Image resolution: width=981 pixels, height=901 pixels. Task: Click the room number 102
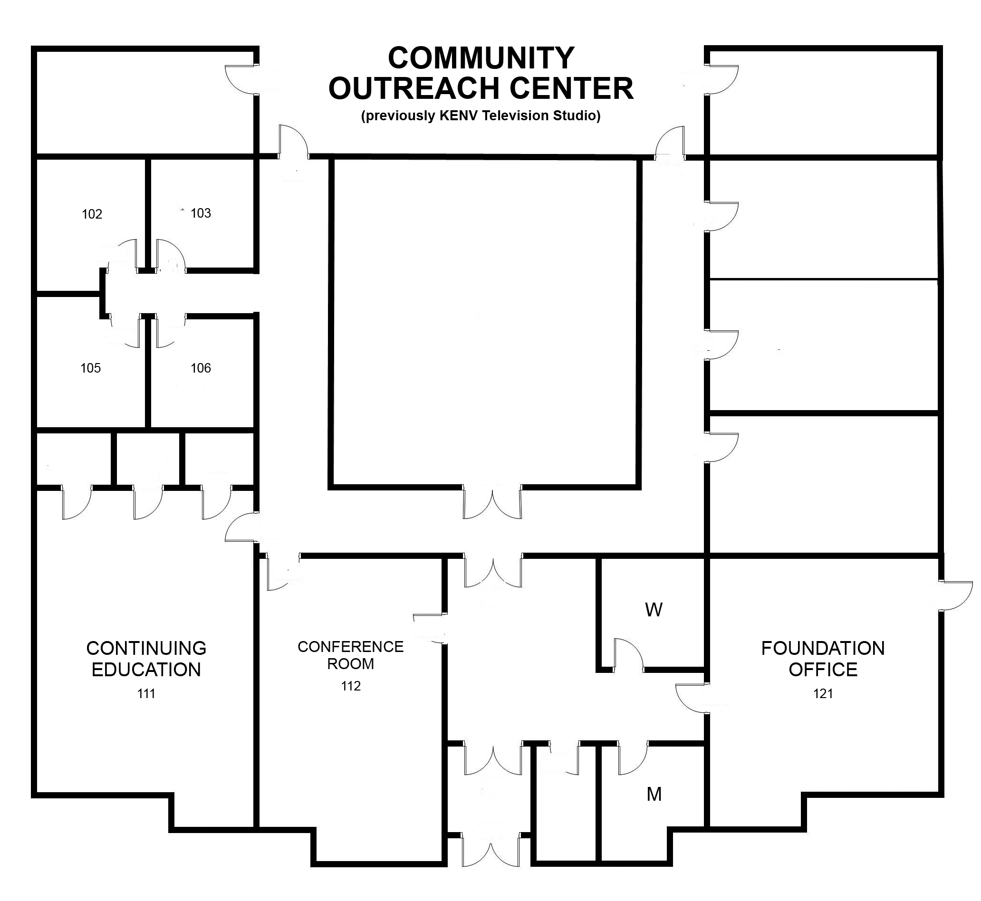point(92,214)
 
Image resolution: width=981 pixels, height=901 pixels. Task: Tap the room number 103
point(201,213)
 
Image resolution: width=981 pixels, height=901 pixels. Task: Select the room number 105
point(91,368)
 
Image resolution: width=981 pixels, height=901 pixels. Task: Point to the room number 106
point(201,368)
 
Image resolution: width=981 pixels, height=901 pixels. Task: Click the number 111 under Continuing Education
point(146,693)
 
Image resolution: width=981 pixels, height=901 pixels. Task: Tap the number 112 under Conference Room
point(351,686)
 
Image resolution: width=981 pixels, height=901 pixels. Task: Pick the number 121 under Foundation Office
point(823,693)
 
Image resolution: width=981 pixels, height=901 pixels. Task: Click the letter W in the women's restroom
point(654,610)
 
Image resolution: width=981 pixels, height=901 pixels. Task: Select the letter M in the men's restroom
point(654,794)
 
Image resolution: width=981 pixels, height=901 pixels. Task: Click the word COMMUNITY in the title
point(481,58)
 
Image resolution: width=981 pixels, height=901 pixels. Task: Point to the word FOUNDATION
point(823,649)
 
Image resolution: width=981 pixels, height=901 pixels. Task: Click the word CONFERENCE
point(351,647)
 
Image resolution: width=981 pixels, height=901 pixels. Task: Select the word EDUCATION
point(146,670)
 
